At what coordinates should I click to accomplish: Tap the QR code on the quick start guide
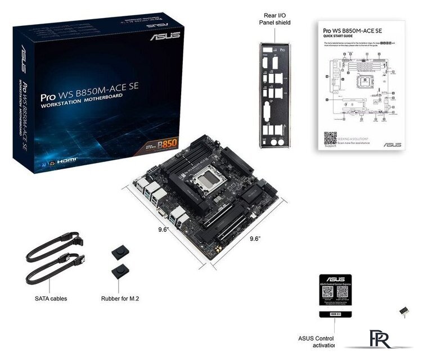click(330, 138)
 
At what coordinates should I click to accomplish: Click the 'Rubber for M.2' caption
click(120, 298)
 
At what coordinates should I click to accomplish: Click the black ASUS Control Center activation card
click(335, 298)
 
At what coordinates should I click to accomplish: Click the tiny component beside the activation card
click(403, 310)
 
